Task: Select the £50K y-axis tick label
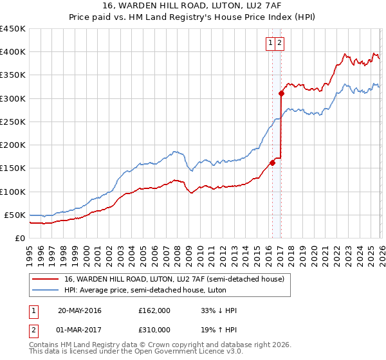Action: (15, 215)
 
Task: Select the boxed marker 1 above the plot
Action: (271, 43)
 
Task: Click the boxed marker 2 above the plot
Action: (281, 43)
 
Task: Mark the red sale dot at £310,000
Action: (281, 93)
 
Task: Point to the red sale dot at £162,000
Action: (272, 163)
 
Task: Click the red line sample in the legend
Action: (46, 279)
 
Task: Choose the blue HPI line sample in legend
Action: (46, 291)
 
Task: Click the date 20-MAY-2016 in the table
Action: (80, 311)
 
